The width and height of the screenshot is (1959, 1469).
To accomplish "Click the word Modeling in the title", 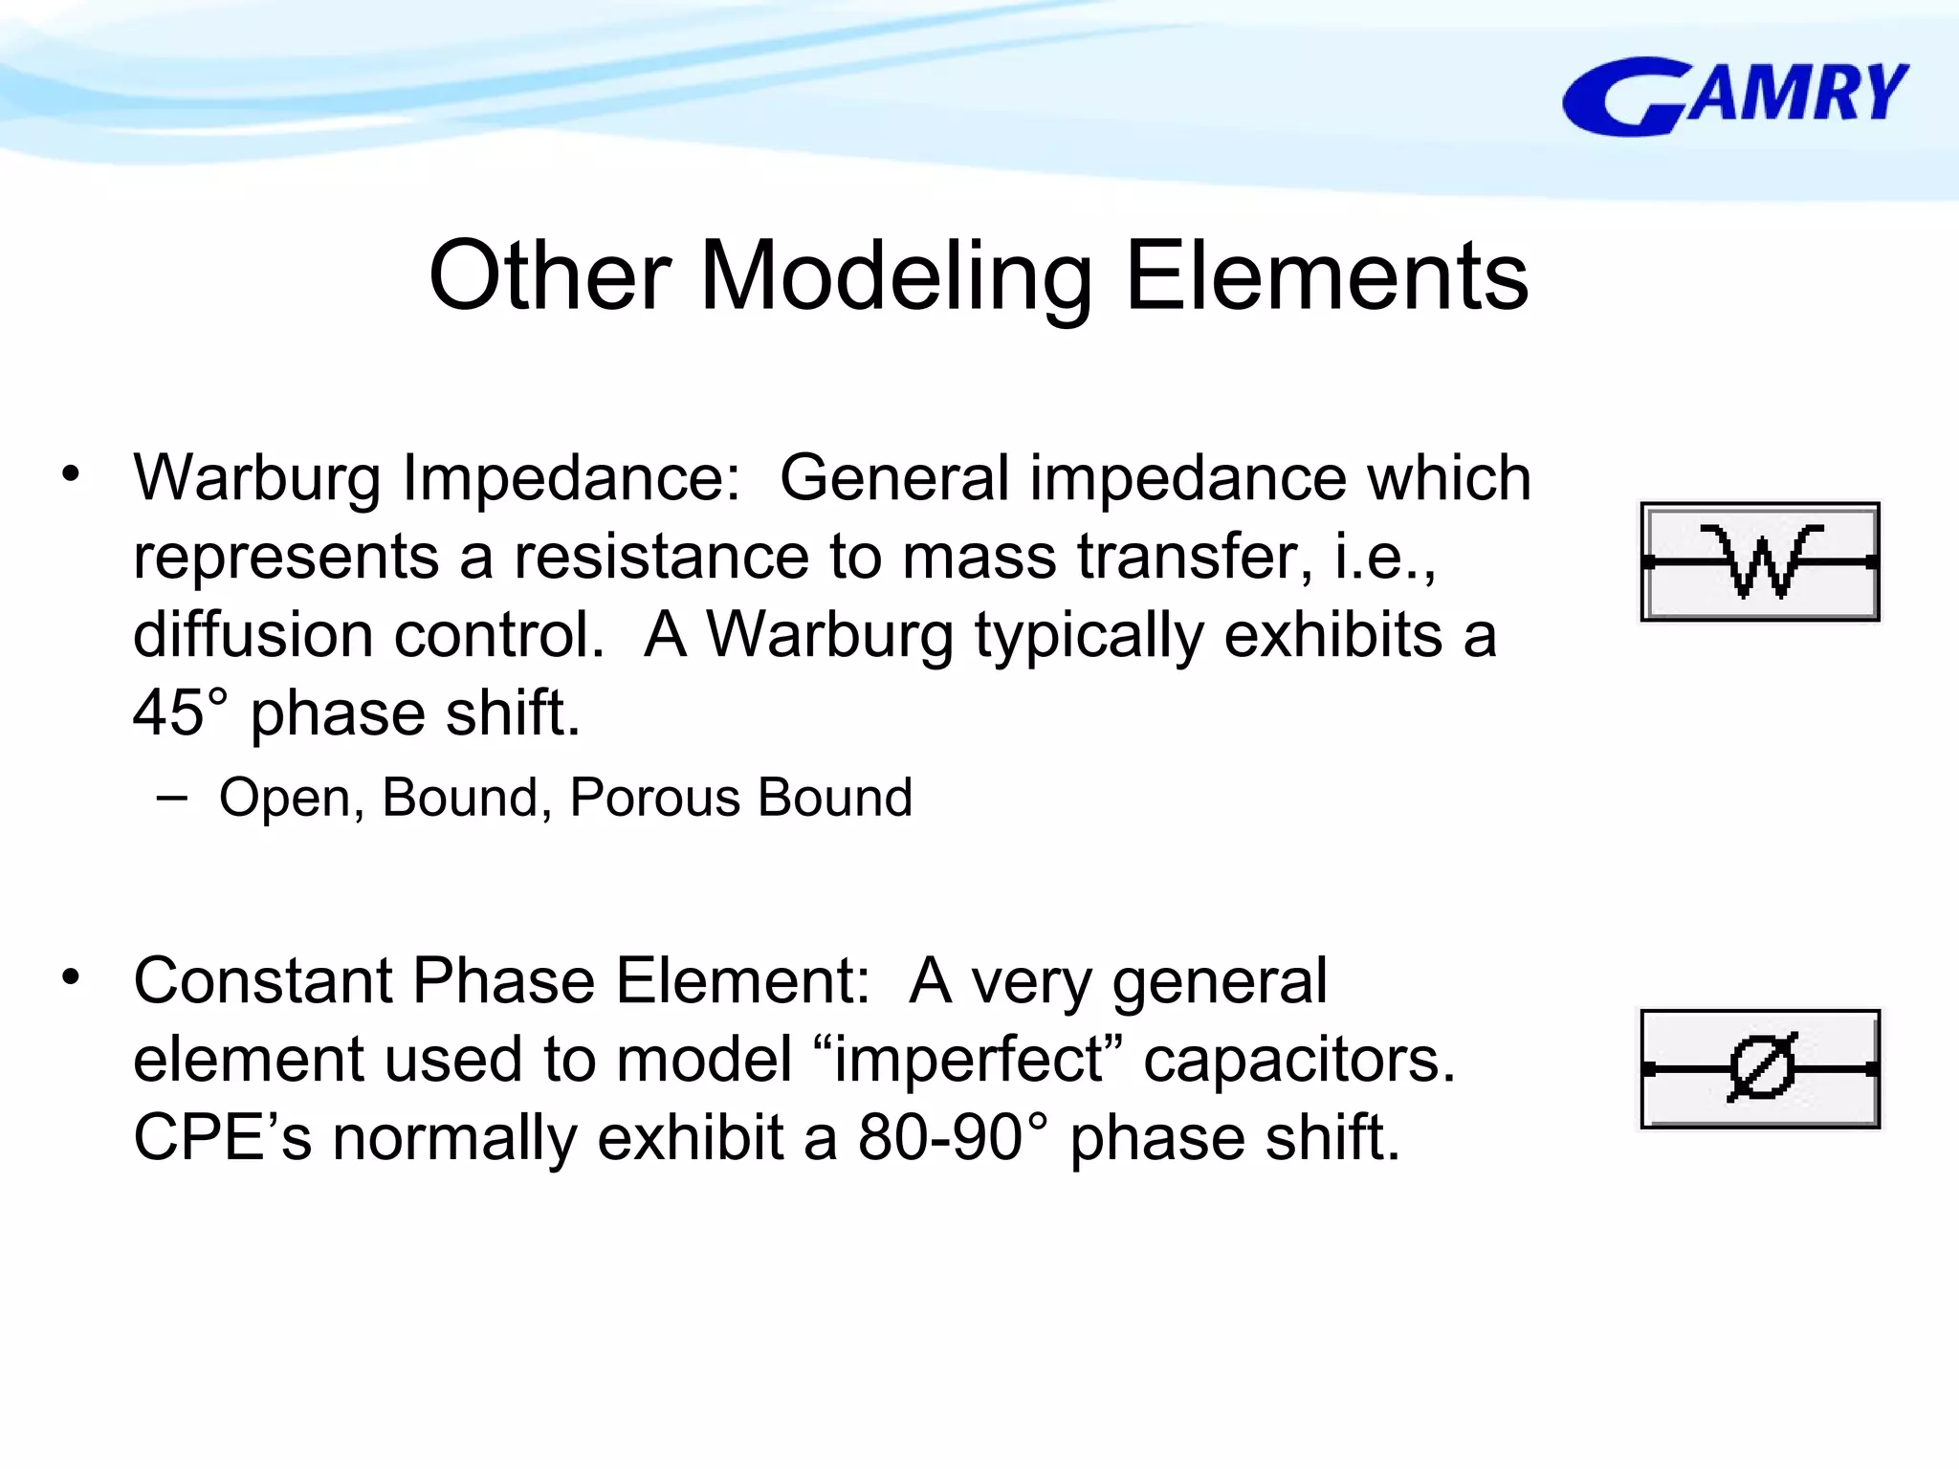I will pyautogui.click(x=896, y=277).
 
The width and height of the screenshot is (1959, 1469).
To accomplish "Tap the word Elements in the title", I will pyautogui.click(x=1327, y=277).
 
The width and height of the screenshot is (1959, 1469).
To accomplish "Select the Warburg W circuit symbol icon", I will pyautogui.click(x=1760, y=562).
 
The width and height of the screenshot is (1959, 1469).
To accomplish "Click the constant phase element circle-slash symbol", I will pyautogui.click(x=1760, y=1068).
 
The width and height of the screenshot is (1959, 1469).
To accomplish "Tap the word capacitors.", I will pyautogui.click(x=1298, y=1060).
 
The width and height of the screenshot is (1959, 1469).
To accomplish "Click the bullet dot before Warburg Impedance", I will pyautogui.click(x=71, y=473).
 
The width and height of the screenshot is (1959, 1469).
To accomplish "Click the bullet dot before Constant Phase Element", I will pyautogui.click(x=71, y=977).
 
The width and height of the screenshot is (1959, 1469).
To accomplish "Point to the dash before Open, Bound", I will pyautogui.click(x=172, y=796).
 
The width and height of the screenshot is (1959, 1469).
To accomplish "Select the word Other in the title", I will pyautogui.click(x=549, y=277).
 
